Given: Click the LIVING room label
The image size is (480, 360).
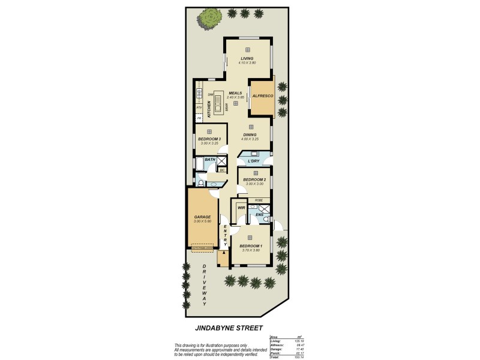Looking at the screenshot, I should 247,58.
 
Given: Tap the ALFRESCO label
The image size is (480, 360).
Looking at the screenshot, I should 263,96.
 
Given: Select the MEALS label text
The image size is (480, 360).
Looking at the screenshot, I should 235,93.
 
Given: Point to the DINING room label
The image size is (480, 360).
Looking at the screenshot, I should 250,134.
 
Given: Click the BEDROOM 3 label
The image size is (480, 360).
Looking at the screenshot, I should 209,139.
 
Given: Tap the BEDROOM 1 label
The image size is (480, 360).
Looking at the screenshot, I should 250,246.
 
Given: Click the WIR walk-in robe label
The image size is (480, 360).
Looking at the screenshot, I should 241,208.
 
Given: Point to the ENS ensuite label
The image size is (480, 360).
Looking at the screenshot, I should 259,214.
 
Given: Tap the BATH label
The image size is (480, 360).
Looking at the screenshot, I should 209,160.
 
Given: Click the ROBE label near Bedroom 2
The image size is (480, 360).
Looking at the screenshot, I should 259,200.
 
